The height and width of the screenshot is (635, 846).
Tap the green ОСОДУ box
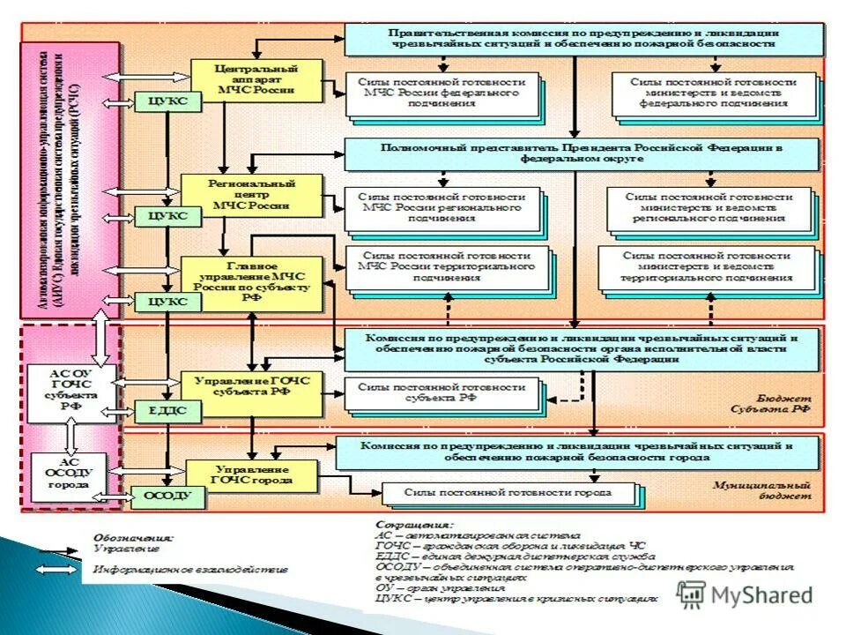click(167, 497)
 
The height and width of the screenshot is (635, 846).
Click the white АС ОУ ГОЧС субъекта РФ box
click(69, 391)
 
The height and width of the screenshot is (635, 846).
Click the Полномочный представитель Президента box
click(583, 153)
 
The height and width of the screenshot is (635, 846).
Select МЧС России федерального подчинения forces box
click(442, 93)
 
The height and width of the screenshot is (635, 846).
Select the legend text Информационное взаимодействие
click(184, 570)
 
